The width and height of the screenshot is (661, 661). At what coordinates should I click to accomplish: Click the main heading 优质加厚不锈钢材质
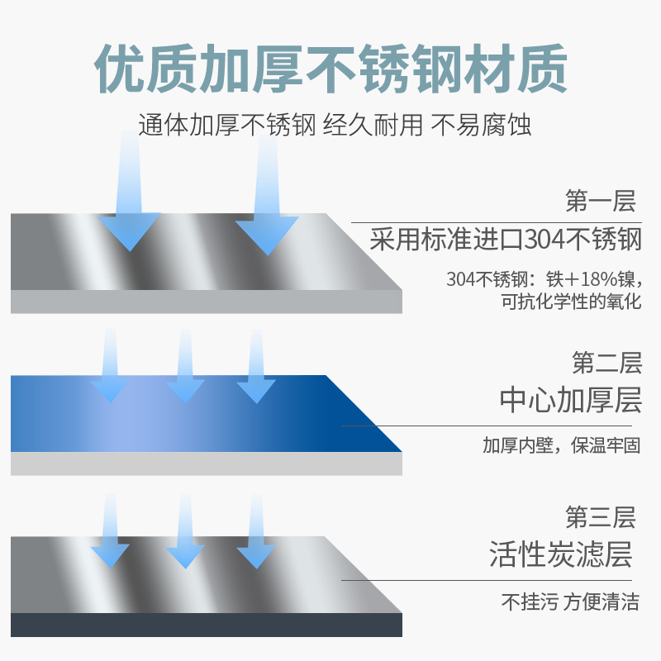point(330,69)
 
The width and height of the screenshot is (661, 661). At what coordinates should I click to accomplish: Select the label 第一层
point(599,202)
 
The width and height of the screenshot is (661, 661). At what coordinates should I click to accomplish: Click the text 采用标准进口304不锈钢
point(505,240)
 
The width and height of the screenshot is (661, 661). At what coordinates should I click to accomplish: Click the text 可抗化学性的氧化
point(571,302)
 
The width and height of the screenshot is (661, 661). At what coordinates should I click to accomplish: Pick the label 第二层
point(606,363)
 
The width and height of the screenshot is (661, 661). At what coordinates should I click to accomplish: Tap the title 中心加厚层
point(570,400)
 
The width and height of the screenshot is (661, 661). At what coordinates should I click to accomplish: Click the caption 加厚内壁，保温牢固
point(562,446)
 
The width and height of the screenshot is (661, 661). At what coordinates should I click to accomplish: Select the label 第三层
point(600,518)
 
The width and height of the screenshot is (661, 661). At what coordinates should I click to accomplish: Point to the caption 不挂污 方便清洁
point(570,602)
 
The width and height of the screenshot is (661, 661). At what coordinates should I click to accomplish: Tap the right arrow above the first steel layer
point(266,207)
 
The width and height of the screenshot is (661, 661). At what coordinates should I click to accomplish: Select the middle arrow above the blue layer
point(185,372)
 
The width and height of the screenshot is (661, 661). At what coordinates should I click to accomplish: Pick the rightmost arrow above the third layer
point(256,537)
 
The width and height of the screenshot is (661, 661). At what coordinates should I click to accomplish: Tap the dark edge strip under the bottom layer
point(207,625)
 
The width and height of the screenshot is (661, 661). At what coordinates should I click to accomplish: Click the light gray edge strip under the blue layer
point(207,464)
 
